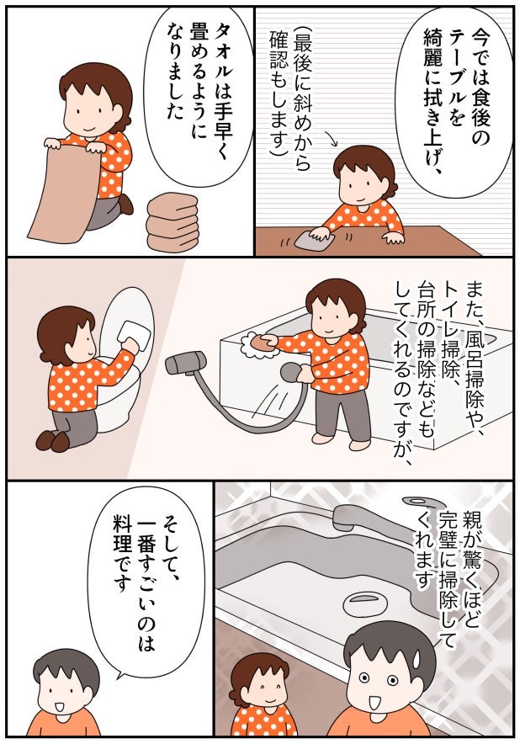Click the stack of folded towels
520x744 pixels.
click(172, 222)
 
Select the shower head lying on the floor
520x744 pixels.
click(185, 363)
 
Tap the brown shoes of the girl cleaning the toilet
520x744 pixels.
click(52, 440)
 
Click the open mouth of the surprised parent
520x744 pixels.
click(374, 701)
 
